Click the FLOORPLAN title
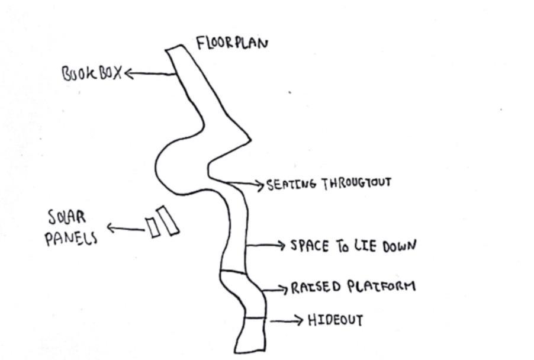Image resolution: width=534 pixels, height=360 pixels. click(x=231, y=44)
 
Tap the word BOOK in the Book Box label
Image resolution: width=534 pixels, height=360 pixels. click(x=78, y=75)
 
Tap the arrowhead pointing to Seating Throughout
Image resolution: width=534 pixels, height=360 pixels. click(x=259, y=185)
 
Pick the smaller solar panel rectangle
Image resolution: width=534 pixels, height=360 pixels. click(x=153, y=227)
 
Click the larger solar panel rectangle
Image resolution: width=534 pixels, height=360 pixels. click(x=168, y=220)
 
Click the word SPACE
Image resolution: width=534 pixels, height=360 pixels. click(x=308, y=246)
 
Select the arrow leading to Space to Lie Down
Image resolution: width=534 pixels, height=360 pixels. click(x=266, y=245)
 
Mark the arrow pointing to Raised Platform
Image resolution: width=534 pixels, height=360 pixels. click(x=276, y=289)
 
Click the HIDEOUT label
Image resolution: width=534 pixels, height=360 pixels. click(x=334, y=320)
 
